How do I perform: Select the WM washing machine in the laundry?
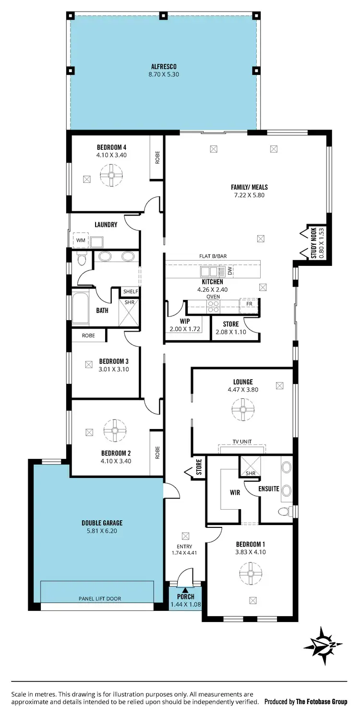coord(79,240)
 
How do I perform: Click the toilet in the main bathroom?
coord(81,260)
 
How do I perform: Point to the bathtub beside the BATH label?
coord(80,308)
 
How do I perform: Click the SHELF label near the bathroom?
coord(131,291)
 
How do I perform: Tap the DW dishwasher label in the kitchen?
coord(230,271)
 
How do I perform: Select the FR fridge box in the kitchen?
coord(249,304)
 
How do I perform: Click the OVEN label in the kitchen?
coord(213,297)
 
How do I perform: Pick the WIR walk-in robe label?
coord(235,492)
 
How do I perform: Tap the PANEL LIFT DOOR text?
coord(100,598)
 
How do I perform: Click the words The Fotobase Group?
coord(321,701)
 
